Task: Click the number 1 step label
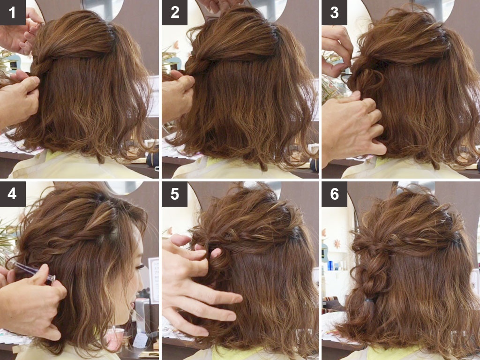point(13,13)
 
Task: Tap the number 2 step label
point(174,13)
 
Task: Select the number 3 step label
point(334,13)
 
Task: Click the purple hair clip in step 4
point(33,272)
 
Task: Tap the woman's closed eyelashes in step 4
point(140,266)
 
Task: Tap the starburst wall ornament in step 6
point(337,244)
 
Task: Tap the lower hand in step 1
point(19,98)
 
